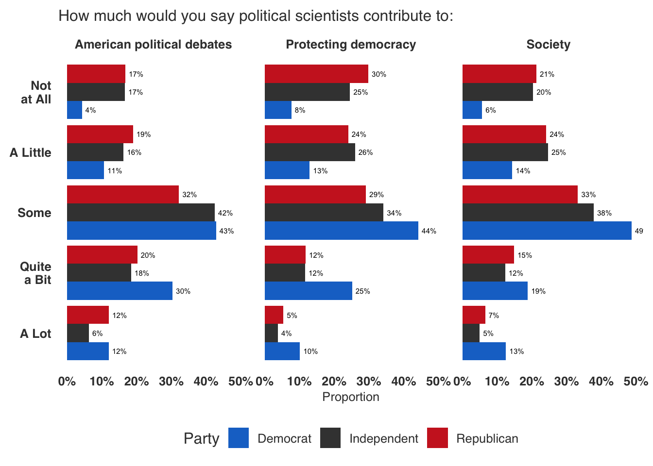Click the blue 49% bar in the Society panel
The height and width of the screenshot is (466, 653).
coord(547,231)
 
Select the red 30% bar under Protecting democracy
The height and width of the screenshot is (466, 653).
coord(316,74)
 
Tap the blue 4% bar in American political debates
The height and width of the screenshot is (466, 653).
coord(74,110)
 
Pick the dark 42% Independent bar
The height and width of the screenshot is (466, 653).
coord(140,213)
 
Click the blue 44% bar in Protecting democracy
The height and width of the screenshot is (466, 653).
coord(341,231)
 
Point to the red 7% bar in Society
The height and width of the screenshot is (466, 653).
coord(474,315)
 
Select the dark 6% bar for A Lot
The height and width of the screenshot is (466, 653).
coord(78,333)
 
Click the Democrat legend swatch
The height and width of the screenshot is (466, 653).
coord(239,438)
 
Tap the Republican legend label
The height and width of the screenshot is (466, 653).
coord(487,438)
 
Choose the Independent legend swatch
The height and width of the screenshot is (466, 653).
coord(330,438)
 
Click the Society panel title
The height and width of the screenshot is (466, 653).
coord(548,45)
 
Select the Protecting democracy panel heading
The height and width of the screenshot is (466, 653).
coord(351,45)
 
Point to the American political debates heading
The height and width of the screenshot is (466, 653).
coord(153,45)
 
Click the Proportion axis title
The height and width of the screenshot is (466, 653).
coord(351,397)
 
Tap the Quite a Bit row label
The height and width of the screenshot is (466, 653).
coord(36,273)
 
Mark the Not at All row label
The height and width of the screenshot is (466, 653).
coord(36,92)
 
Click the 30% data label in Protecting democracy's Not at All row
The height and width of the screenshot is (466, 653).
coord(379,74)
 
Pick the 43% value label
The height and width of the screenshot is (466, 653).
coord(226,231)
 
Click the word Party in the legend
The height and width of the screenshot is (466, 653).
coord(201,438)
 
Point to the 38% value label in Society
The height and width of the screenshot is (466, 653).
coord(604,213)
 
